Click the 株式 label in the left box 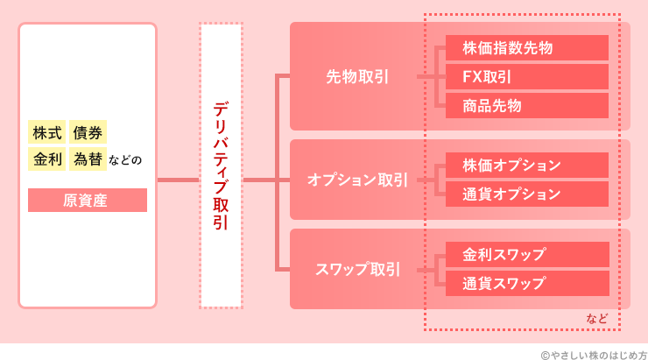(47, 132)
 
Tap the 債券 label (88, 132)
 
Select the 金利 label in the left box (47, 159)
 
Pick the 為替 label (88, 159)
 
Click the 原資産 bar (87, 200)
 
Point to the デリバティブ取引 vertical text (221, 166)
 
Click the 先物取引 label (357, 76)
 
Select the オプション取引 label (357, 180)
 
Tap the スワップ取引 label (357, 269)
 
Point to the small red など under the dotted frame (597, 318)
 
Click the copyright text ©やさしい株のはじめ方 (593, 351)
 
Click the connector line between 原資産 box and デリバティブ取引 (178, 180)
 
